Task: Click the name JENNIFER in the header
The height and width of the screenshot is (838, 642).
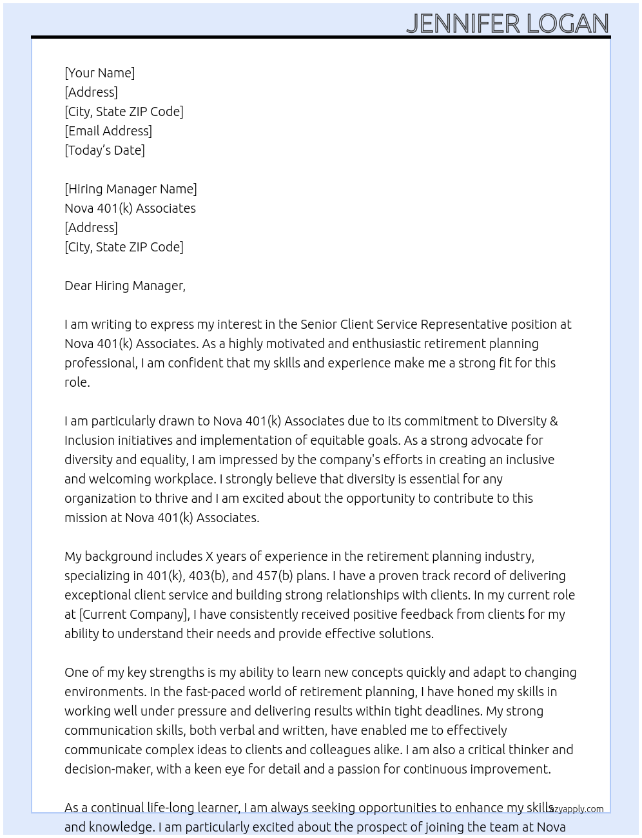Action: point(463,24)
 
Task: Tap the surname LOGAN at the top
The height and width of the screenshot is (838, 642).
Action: point(567,24)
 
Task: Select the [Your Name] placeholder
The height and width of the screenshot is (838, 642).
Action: point(100,73)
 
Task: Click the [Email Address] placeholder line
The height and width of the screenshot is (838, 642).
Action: point(108,131)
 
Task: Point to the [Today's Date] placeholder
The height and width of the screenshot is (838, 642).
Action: point(104,150)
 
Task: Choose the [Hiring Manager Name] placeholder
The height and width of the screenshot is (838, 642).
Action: point(131,189)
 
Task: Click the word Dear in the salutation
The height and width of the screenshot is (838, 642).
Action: point(77,286)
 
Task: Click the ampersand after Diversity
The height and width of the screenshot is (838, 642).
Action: point(554,421)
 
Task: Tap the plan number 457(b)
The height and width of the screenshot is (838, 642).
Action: point(275,576)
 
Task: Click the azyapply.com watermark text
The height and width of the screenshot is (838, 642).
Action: point(578,809)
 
